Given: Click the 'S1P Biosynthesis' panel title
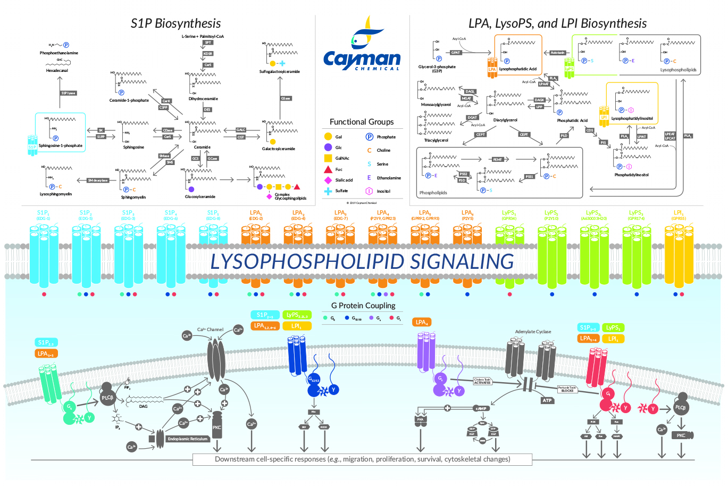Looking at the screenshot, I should (175, 23).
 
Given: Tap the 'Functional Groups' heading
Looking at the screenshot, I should (362, 122).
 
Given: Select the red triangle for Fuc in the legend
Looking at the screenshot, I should (328, 169).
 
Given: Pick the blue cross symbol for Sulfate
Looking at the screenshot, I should (328, 191).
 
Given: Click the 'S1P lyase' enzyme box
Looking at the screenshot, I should (68, 93).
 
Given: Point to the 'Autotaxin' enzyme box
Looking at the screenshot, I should (557, 53).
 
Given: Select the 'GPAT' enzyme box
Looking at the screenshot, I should (456, 53).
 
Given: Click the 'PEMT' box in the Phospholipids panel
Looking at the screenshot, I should (497, 159).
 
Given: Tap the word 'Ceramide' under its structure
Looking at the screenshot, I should (202, 147).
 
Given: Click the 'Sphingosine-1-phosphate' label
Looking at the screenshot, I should (61, 145).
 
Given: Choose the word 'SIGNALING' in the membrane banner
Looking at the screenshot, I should (462, 261).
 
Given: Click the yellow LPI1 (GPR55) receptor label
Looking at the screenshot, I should (679, 215).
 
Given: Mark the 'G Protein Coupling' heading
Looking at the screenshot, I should (363, 306).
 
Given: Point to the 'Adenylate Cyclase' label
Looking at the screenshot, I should (533, 332).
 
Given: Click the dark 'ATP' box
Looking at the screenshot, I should (547, 400).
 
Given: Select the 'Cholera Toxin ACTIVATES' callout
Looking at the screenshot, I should (482, 381).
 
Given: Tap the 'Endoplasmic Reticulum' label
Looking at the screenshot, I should (188, 439).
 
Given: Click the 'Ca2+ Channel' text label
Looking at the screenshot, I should (211, 330).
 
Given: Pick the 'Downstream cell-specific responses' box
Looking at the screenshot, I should (362, 459).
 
